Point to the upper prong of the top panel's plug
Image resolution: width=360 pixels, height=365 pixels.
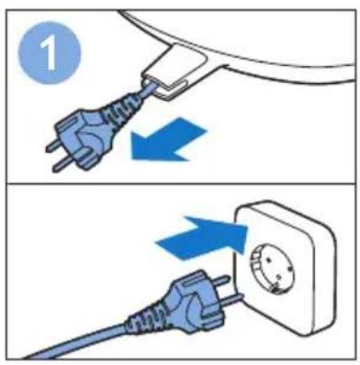click(53, 146)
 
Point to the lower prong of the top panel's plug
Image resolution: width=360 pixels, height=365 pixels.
click(62, 164)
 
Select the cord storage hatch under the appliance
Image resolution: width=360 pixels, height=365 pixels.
click(174, 75)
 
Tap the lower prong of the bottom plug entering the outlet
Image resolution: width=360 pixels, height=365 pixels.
click(232, 300)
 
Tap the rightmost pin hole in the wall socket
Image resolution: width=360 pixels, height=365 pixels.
click(289, 267)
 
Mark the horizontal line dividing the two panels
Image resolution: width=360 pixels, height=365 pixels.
click(180, 182)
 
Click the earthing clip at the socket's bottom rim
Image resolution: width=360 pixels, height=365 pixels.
click(275, 289)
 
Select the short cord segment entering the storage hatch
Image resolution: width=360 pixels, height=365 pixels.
click(149, 89)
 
